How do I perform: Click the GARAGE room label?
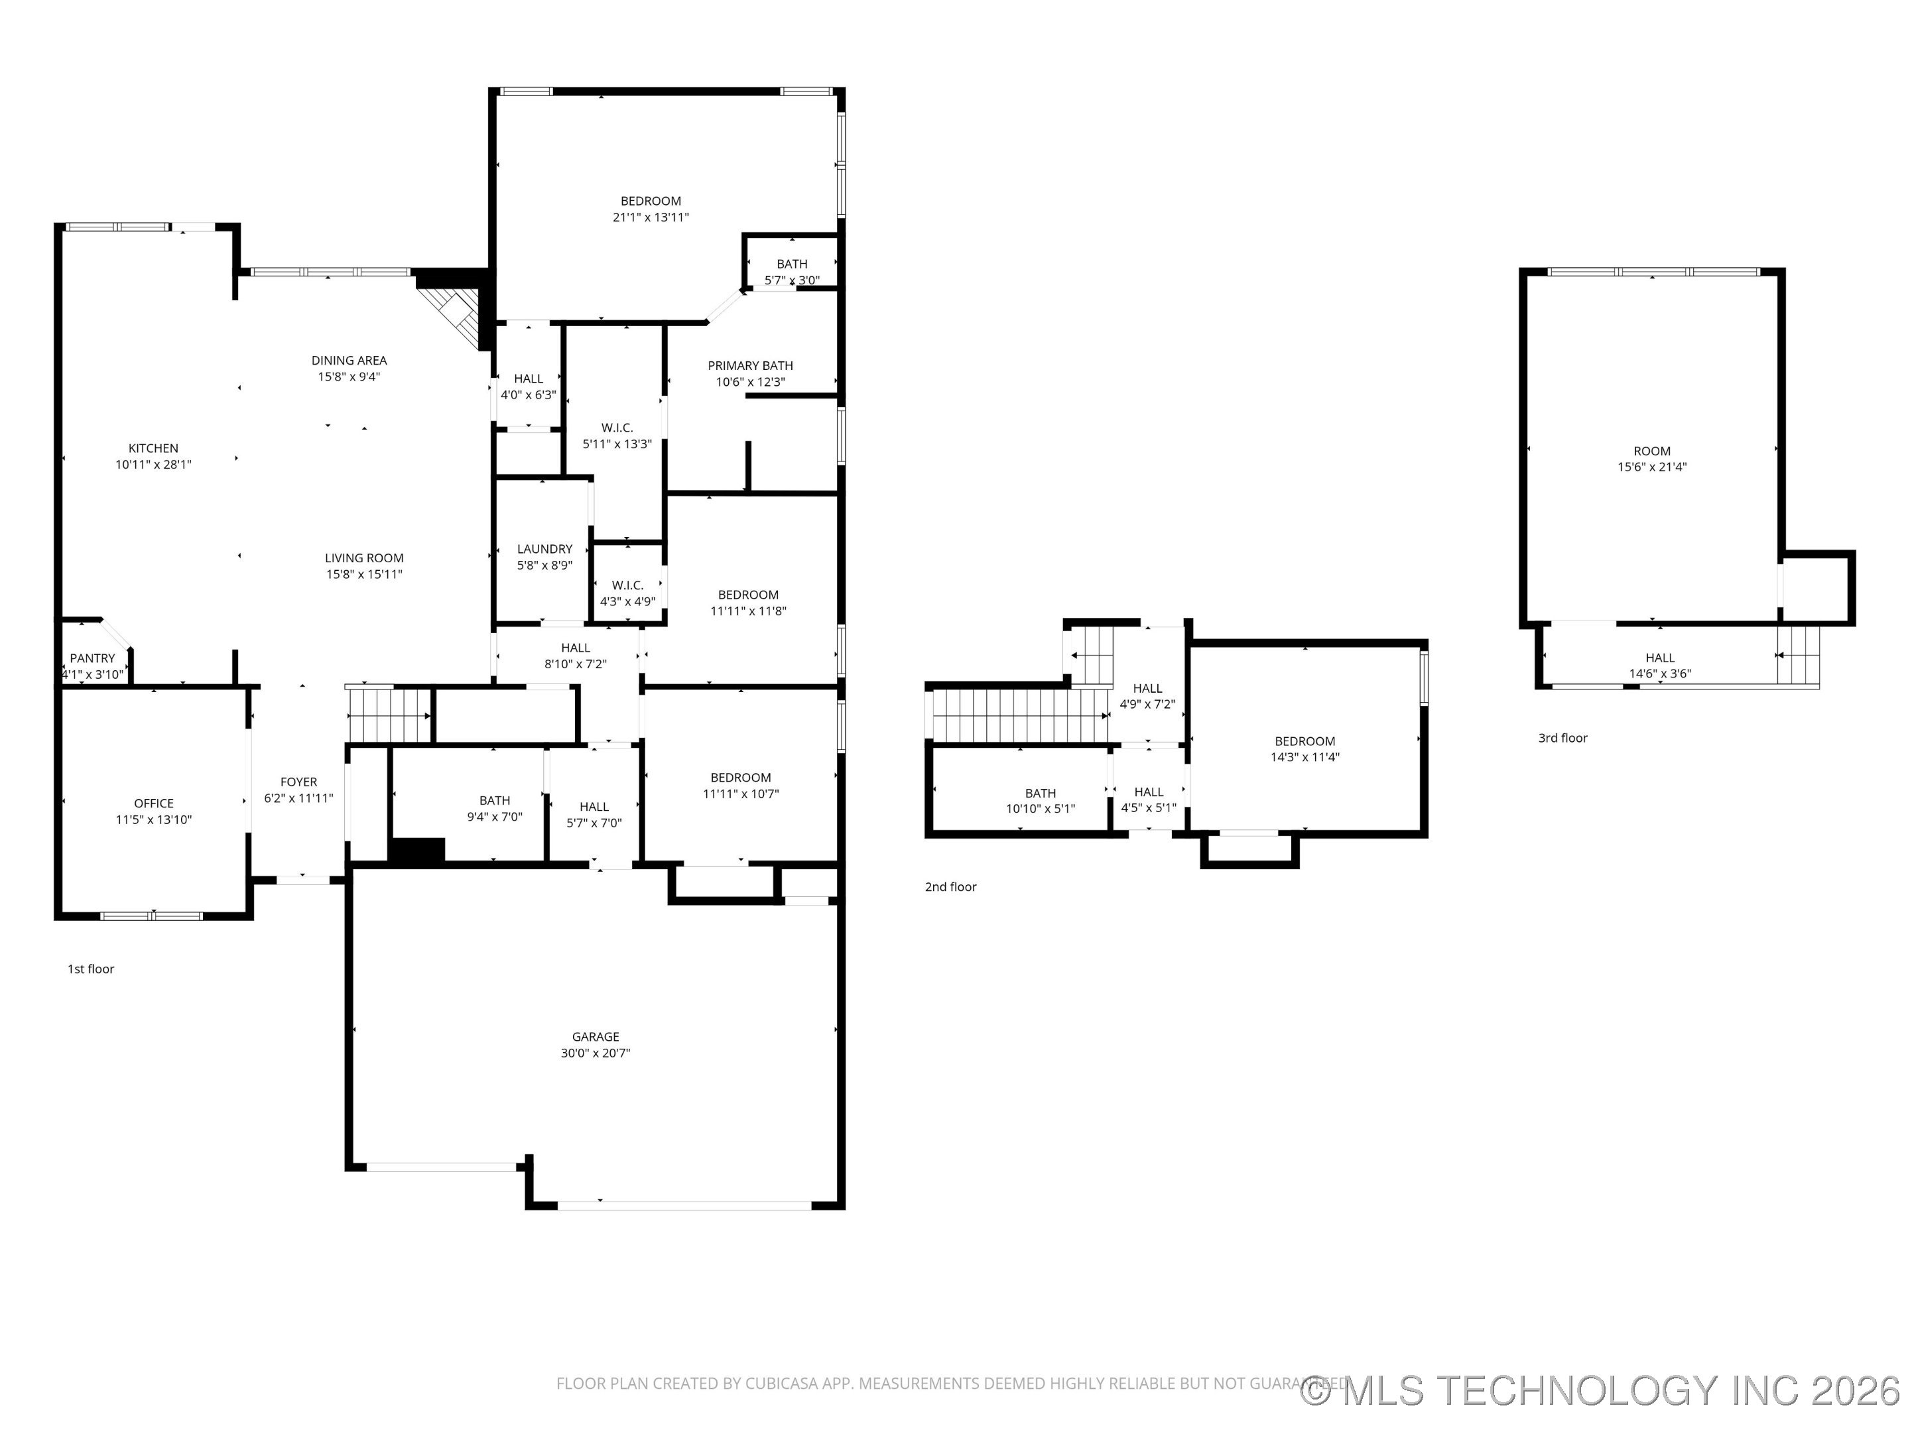(595, 1037)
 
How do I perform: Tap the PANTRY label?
(92, 658)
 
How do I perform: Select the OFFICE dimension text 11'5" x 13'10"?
(154, 819)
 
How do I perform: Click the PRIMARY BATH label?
(749, 366)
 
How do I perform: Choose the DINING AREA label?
(349, 360)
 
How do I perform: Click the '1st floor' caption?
(91, 969)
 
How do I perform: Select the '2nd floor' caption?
(950, 886)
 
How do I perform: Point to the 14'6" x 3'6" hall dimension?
(1659, 674)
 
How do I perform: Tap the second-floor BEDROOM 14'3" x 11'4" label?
(1304, 741)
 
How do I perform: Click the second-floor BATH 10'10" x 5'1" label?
(1040, 794)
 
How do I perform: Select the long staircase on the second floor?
(1019, 715)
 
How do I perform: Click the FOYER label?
(298, 782)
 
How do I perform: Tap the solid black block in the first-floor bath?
(417, 849)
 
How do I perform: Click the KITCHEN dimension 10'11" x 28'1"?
(154, 464)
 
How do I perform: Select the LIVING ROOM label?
(363, 558)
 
